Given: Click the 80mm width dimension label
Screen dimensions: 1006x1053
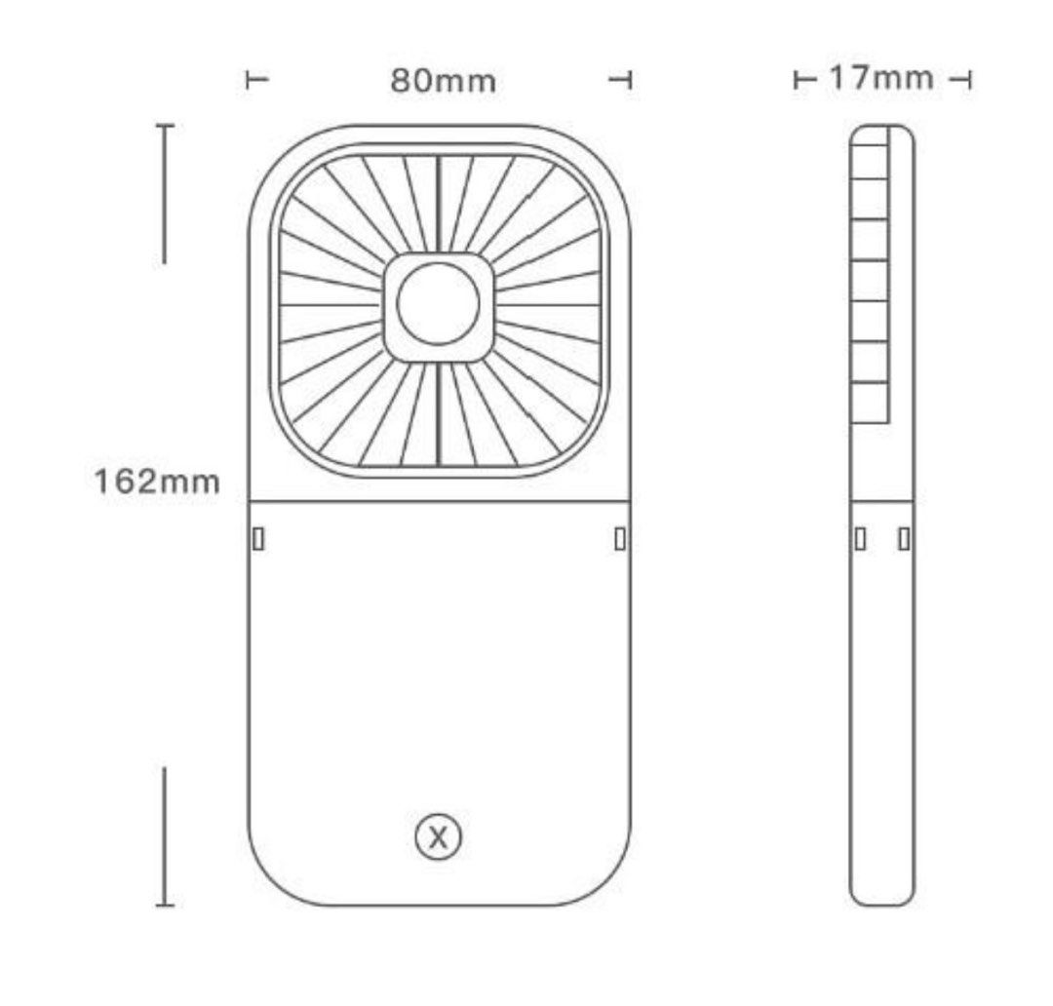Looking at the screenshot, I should [x=443, y=81].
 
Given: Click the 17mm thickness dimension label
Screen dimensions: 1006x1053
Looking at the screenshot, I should [x=880, y=77].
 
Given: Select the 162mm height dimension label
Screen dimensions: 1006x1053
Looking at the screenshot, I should [x=156, y=481].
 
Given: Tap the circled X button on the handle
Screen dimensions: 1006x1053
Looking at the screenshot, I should [x=438, y=836].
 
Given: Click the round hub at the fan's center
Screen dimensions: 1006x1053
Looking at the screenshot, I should [x=438, y=303].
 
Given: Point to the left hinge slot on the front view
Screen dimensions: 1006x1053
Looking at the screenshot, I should [x=258, y=538].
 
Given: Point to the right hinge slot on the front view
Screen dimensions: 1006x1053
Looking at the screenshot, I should [x=620, y=538].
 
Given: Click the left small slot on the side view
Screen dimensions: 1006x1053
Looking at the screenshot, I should [x=861, y=538].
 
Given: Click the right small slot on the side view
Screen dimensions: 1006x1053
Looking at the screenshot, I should [x=904, y=538].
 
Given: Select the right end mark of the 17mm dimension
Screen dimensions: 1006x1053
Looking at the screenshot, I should [x=960, y=79].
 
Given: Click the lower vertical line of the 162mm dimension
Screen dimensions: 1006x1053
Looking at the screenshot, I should [x=164, y=836].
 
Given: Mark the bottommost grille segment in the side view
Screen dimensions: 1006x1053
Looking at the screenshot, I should [x=870, y=403].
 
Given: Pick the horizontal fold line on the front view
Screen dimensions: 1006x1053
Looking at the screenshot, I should [x=439, y=501].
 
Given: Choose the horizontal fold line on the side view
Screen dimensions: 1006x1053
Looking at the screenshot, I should [x=881, y=502].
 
